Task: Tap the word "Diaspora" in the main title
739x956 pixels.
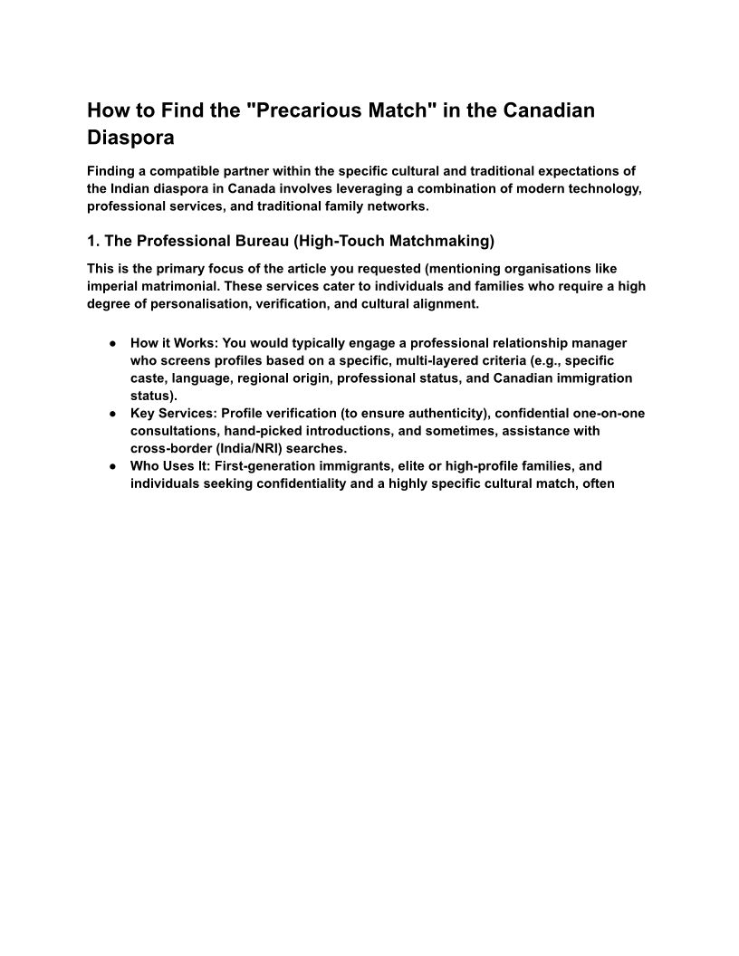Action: [x=130, y=139]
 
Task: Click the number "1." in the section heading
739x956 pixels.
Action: [x=94, y=242]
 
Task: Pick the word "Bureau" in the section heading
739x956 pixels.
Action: [x=261, y=242]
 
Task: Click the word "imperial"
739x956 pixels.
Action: [x=114, y=286]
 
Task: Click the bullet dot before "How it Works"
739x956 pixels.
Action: [x=110, y=343]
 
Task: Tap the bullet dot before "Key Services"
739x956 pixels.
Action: [x=110, y=413]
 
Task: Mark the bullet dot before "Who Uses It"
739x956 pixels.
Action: [x=110, y=465]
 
